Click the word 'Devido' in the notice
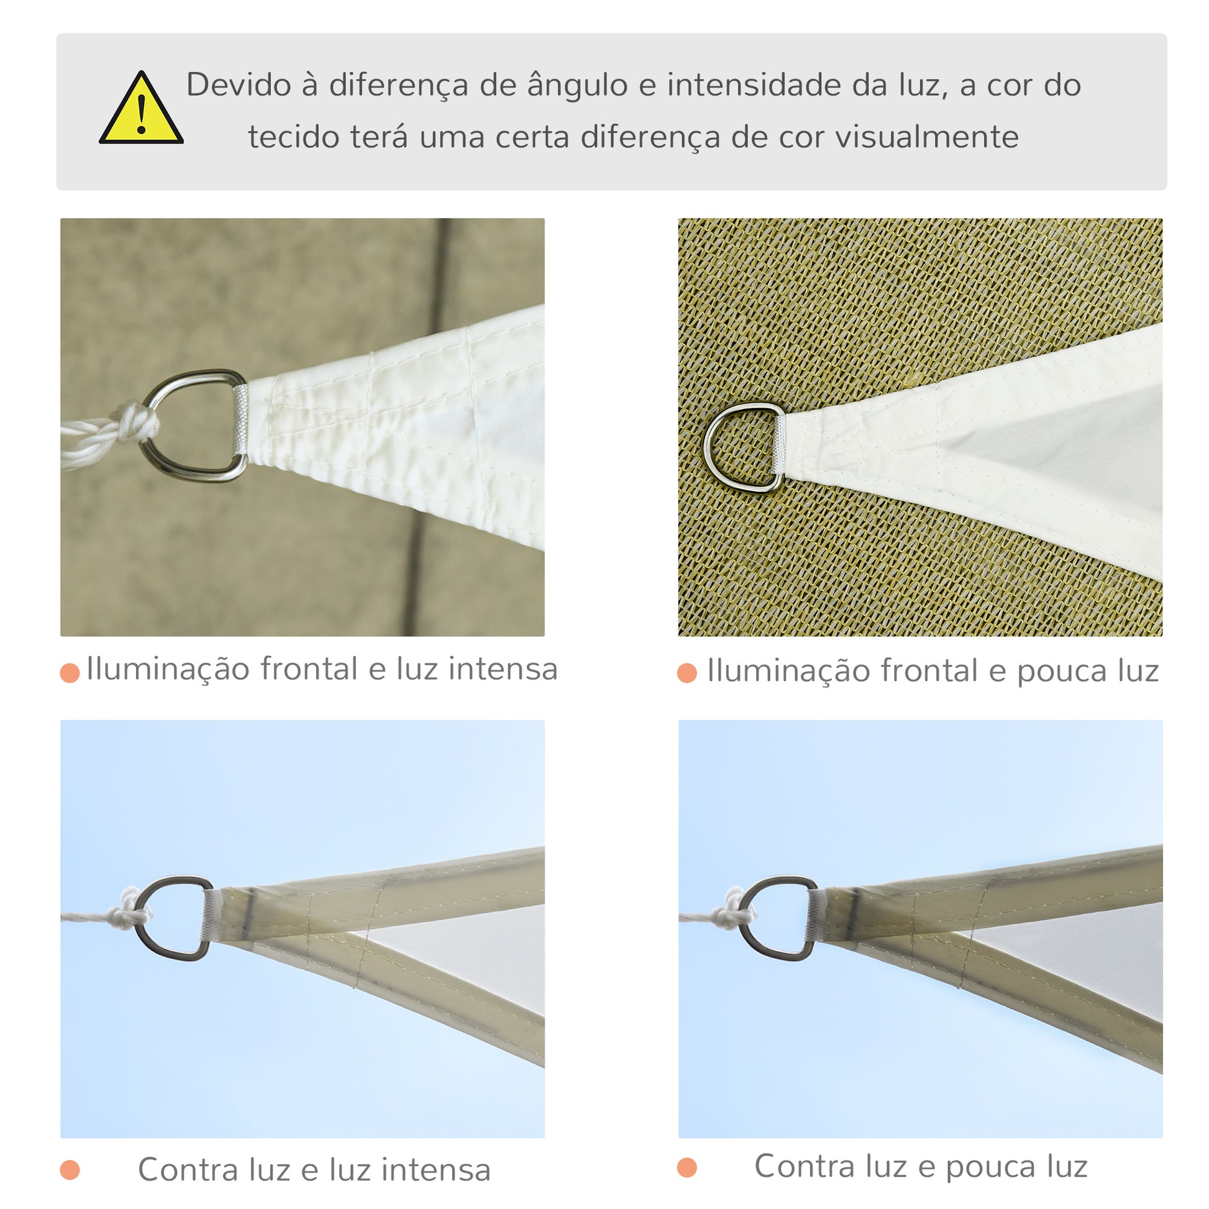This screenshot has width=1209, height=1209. coord(239,85)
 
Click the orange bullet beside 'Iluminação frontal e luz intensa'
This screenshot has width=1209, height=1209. coord(70,673)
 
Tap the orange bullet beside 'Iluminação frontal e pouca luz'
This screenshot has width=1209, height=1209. coord(687,673)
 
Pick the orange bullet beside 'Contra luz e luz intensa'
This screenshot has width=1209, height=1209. coord(70,1170)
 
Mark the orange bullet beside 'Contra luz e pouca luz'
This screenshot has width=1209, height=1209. coord(687,1168)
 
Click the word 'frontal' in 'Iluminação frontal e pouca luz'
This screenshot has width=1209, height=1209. coord(929,670)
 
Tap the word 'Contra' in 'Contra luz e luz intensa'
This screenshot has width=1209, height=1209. coord(188,1170)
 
